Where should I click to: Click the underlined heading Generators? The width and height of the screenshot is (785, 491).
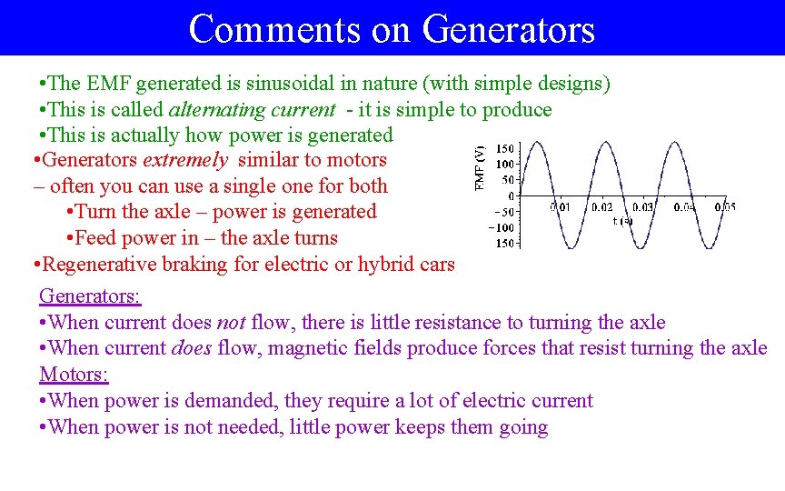pos(90,296)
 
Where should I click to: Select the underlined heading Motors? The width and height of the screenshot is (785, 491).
pos(74,375)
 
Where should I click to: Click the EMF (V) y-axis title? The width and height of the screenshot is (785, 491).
pos(480,168)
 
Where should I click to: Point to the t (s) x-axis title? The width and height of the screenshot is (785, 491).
pos(622,220)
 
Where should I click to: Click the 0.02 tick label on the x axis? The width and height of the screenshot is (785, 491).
pos(601,207)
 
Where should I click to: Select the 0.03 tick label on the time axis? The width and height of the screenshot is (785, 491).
pos(642,207)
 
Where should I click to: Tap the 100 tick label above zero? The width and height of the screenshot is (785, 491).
pos(505,164)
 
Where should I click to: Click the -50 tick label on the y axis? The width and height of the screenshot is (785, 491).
pos(502,212)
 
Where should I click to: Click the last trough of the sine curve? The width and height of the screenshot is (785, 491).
pos(711,247)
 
